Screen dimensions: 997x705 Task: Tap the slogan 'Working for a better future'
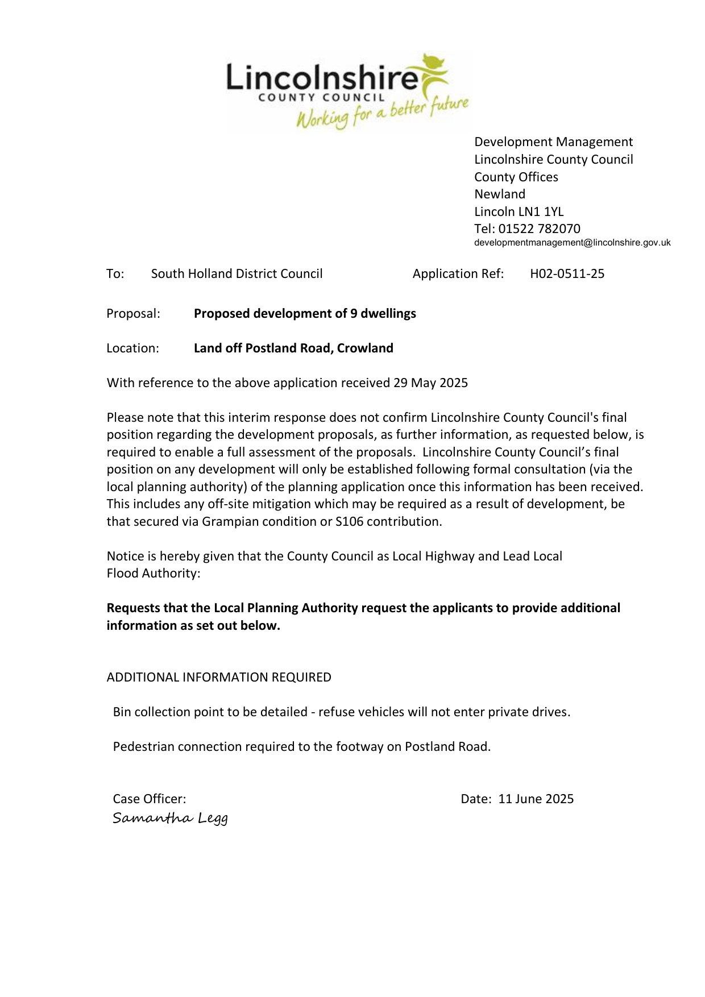[382, 114]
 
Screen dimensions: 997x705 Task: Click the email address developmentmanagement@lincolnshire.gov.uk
[572, 243]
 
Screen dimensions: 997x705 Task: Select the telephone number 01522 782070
[539, 229]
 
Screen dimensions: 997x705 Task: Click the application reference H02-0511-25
[567, 273]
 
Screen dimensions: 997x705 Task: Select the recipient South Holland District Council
[237, 273]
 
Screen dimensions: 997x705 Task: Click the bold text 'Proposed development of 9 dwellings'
[305, 313]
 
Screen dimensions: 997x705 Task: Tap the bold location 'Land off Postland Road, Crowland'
[293, 348]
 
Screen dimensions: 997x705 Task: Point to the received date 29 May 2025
[430, 383]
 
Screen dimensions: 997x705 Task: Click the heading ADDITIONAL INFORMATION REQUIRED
[219, 677]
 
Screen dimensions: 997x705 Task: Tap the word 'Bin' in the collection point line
[122, 712]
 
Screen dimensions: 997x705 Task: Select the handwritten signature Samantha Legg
[170, 819]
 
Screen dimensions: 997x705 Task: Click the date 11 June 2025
[536, 799]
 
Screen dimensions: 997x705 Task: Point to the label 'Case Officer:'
[149, 799]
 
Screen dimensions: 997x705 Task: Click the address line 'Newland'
[500, 194]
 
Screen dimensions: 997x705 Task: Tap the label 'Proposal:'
[133, 313]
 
